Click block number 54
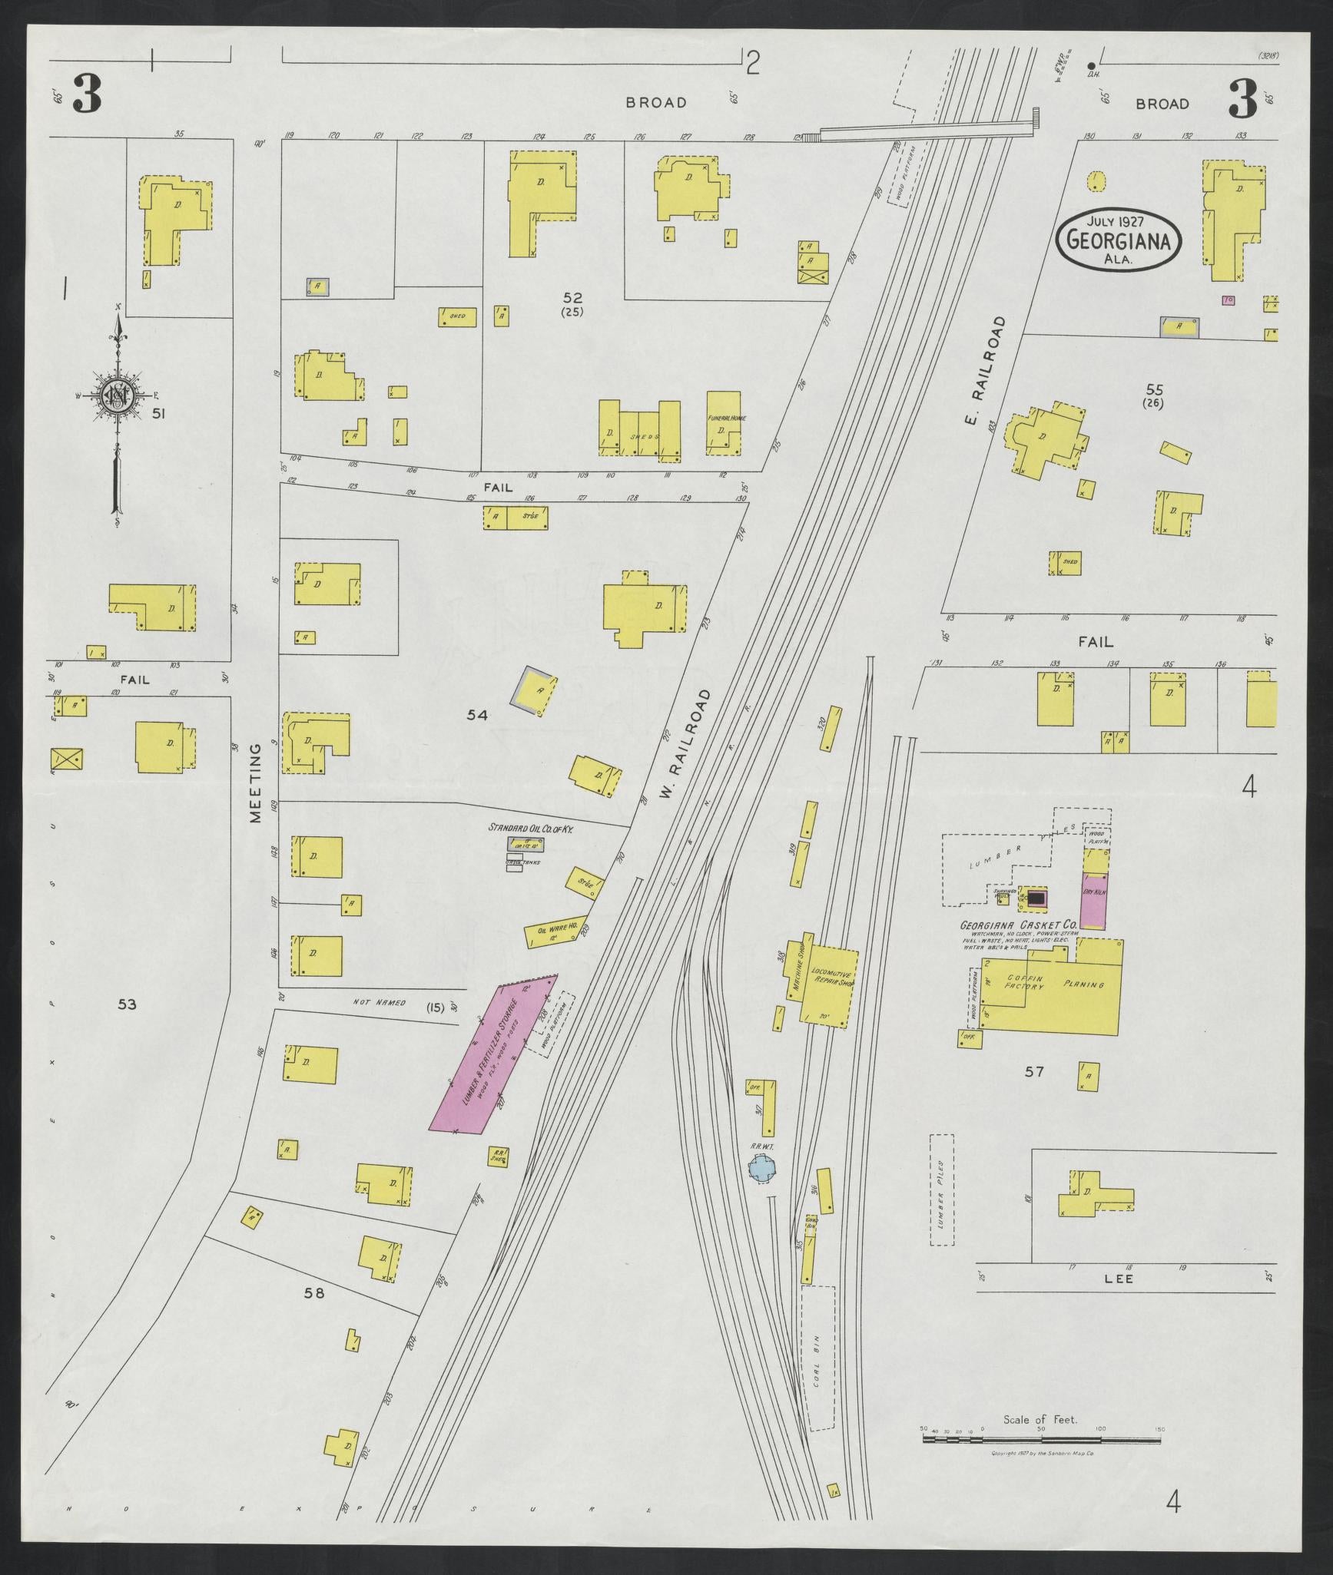coord(477,715)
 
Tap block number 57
coord(1034,1070)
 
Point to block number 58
coord(314,1293)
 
